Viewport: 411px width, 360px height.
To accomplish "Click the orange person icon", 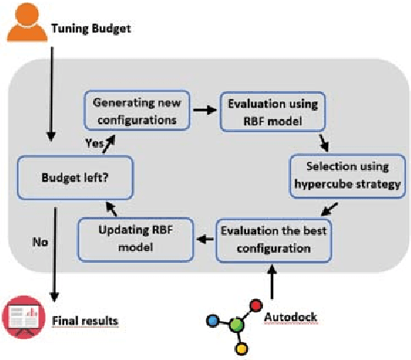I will (25, 22).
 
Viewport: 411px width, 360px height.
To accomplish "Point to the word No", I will (39, 241).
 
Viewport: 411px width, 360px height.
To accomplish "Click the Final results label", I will (85, 320).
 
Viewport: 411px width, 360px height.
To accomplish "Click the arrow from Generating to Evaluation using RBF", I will (203, 109).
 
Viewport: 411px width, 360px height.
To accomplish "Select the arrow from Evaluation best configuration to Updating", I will (202, 239).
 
